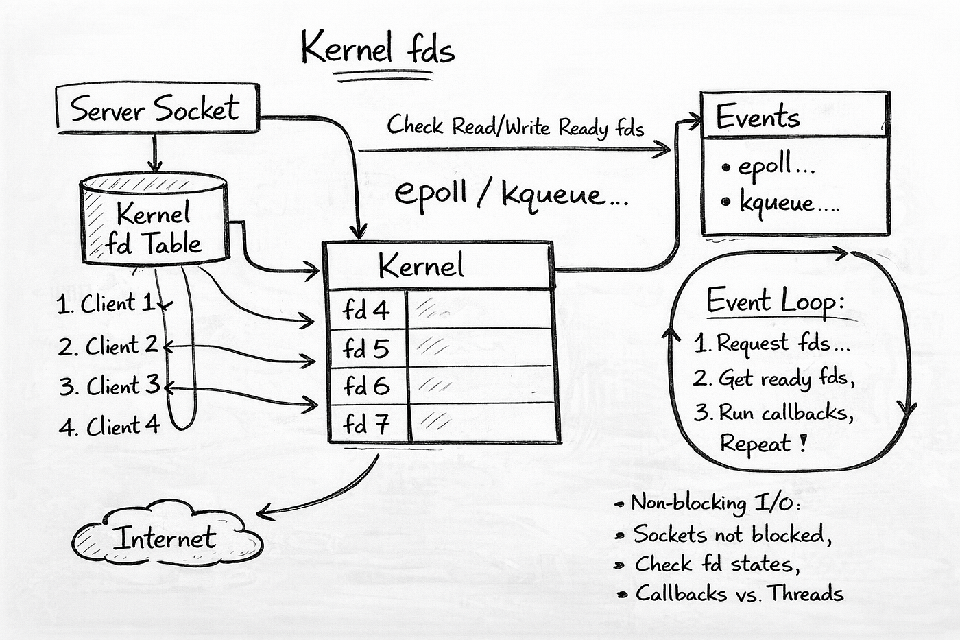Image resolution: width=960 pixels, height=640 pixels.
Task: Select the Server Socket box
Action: (x=158, y=108)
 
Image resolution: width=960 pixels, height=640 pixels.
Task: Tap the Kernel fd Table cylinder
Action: (x=154, y=219)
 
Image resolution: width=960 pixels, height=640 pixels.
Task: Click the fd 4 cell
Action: (x=367, y=310)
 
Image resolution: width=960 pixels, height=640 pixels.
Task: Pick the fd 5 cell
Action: (x=367, y=348)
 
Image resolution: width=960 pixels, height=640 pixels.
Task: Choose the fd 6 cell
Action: (x=367, y=386)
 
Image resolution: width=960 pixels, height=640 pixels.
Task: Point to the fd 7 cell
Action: (x=368, y=423)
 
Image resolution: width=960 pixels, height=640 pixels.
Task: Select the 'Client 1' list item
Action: (x=107, y=303)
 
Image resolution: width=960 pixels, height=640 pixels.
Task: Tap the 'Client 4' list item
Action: (x=110, y=426)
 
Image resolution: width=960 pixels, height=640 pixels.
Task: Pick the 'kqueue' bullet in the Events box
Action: (x=780, y=203)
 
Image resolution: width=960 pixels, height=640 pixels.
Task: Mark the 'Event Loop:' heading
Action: (x=776, y=301)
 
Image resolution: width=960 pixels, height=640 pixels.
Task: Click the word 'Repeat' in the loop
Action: (x=755, y=443)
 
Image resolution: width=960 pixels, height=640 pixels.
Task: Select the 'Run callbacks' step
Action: (x=773, y=412)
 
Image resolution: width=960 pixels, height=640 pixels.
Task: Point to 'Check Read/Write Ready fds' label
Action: (x=515, y=126)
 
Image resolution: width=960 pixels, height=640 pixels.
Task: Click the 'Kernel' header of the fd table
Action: (x=421, y=265)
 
